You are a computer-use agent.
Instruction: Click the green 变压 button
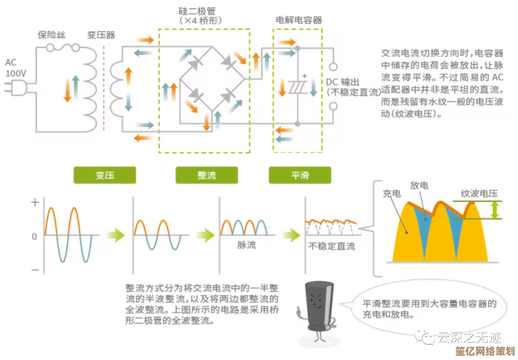[105, 175]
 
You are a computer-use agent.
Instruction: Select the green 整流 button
[207, 175]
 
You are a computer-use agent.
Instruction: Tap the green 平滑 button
[300, 175]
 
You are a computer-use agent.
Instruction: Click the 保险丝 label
[51, 35]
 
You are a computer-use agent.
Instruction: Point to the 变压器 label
[101, 35]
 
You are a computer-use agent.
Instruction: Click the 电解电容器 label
[298, 20]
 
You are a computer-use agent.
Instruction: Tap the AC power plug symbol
[14, 87]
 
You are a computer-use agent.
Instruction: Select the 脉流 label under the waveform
[247, 245]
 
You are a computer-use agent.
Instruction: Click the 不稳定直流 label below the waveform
[331, 246]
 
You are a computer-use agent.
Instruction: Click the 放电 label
[419, 186]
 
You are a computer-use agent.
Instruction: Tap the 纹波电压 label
[479, 193]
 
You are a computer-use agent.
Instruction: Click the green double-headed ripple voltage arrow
[494, 210]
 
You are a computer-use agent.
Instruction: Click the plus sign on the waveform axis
[35, 203]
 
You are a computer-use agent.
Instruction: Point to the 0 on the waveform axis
[34, 236]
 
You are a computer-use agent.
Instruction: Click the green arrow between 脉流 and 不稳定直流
[291, 235]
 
